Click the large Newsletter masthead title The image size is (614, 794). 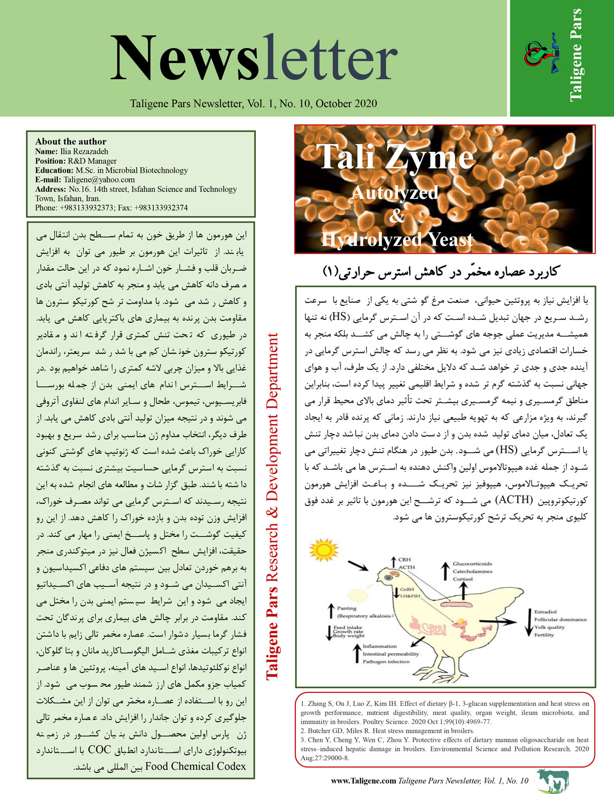point(254,59)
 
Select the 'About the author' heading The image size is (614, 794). point(71,141)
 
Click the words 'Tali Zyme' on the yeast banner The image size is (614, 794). point(395,156)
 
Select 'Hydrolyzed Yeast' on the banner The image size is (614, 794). point(397,240)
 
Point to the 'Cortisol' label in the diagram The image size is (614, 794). point(463,579)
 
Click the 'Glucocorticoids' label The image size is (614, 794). point(472,564)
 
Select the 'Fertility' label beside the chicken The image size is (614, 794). point(544,635)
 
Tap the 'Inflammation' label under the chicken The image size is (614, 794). point(380,646)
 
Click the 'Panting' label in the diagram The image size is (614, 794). point(347,608)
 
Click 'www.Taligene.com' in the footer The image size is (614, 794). point(364,780)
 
